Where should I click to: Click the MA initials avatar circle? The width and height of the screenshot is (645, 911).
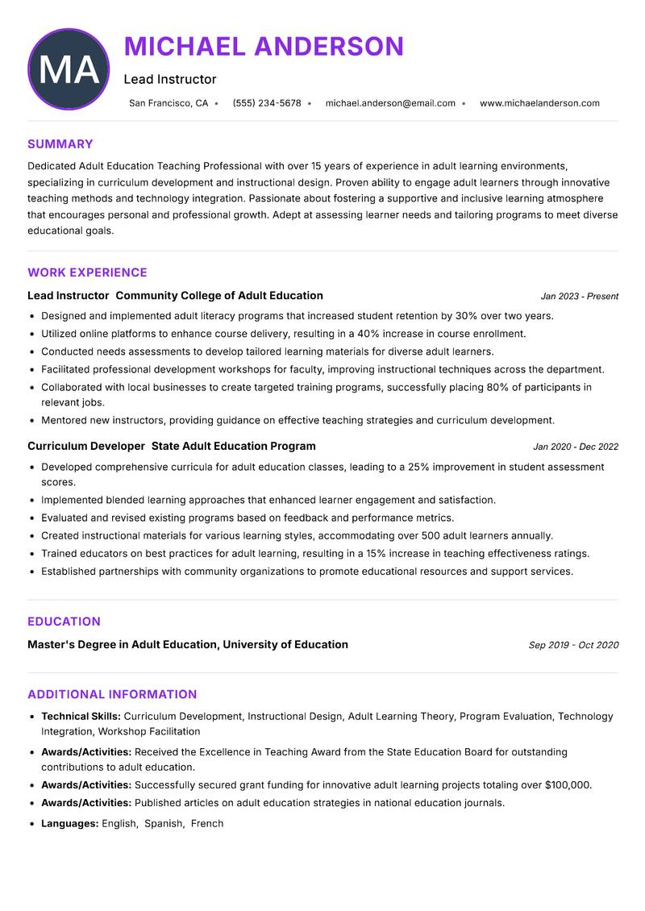[x=69, y=69]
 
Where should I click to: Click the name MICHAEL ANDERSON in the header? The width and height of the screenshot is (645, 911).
[x=264, y=46]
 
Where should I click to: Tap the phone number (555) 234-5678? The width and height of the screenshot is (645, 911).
[x=267, y=103]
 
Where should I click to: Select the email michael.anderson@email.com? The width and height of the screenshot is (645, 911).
[x=390, y=103]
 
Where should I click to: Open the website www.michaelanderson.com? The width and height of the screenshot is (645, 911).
[x=539, y=103]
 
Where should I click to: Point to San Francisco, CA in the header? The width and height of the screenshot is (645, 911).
[x=169, y=103]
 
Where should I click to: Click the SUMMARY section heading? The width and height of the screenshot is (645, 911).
[x=60, y=144]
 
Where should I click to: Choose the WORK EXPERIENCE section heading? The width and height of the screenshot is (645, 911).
[x=87, y=272]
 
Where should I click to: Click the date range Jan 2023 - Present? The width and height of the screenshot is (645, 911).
[x=579, y=297]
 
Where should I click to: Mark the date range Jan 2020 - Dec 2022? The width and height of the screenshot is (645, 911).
[x=576, y=447]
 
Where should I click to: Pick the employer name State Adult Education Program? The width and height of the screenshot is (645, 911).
[x=234, y=446]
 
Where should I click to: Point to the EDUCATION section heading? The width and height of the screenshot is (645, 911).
[x=64, y=622]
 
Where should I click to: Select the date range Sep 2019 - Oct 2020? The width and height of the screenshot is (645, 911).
[x=573, y=645]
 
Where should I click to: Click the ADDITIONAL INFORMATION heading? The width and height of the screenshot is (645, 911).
[x=112, y=694]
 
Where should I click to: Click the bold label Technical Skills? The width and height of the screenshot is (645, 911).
[x=81, y=716]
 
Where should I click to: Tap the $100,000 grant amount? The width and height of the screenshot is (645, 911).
[x=567, y=784]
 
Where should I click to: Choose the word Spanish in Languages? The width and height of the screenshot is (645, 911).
[x=163, y=823]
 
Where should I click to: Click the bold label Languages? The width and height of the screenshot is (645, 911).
[x=69, y=823]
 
